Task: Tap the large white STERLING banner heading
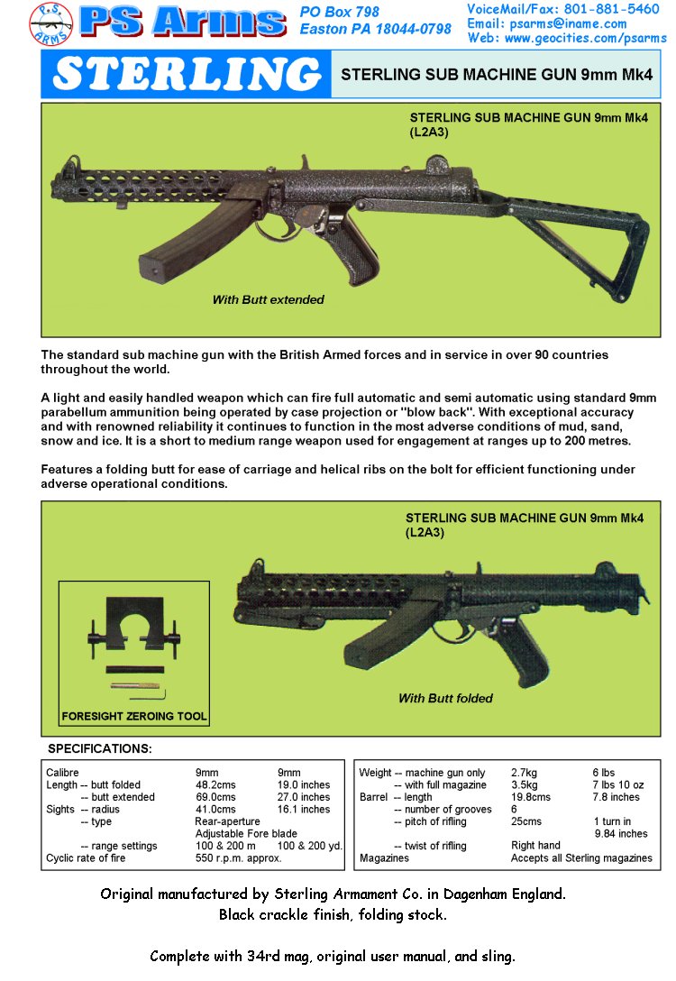point(186,75)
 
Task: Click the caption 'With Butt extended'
point(268,299)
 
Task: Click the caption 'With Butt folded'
point(445,698)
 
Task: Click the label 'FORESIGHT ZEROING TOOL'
point(134,718)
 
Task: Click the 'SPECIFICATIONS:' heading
point(99,749)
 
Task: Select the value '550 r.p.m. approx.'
point(238,858)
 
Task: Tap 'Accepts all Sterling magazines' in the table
point(581,858)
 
